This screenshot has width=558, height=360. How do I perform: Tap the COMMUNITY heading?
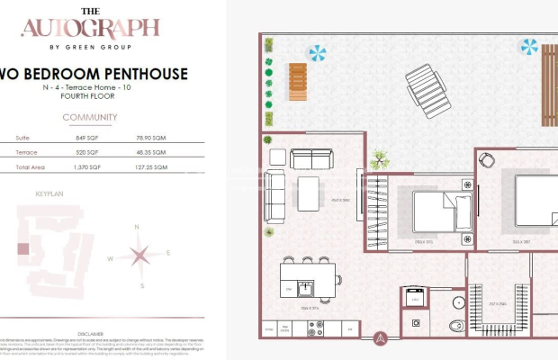tap(90, 118)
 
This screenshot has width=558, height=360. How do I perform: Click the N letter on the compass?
tap(136, 227)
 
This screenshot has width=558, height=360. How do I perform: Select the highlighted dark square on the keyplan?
tap(24, 249)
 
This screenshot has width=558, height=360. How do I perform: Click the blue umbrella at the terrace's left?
tap(317, 53)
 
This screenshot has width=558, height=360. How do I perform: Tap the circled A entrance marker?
tap(381, 339)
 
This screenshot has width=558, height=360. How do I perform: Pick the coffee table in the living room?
tap(309, 191)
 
